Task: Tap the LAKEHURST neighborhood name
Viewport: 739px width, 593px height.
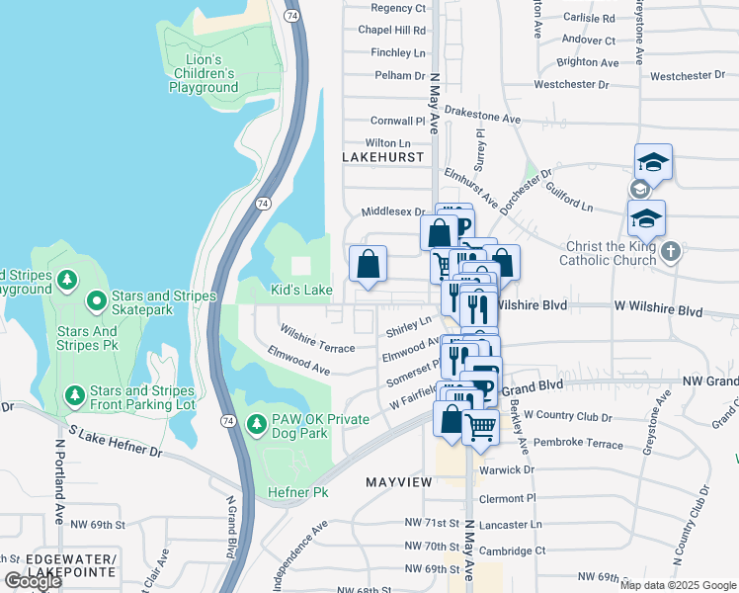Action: pos(382,157)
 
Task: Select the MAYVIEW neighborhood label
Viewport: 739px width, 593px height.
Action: pos(399,482)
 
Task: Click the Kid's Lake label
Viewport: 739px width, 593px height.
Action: pos(302,290)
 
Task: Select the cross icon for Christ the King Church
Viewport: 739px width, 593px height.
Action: pos(671,250)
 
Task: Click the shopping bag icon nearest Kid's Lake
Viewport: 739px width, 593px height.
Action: pos(368,264)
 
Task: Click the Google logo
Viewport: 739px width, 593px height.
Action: pos(33,581)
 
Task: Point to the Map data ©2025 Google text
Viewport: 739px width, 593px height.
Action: pos(678,584)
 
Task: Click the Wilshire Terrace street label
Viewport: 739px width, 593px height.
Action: pos(317,341)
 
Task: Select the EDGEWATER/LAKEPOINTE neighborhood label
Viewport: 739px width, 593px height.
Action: pos(59,565)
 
